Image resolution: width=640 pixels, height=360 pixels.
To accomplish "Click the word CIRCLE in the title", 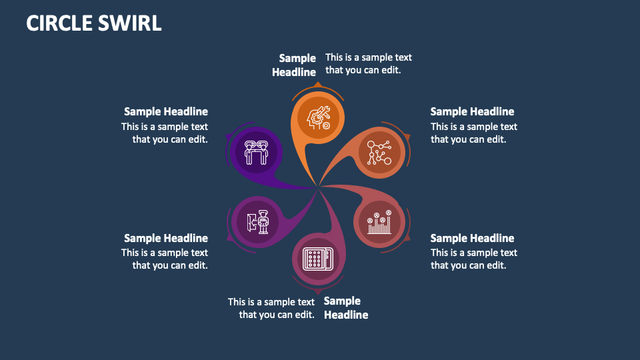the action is coord(59,23).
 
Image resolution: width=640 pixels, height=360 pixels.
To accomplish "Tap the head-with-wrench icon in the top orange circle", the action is coord(319,118).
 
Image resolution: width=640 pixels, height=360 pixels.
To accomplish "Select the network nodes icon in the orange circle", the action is coord(379,153).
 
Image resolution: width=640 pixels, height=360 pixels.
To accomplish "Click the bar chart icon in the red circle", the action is coord(379,222).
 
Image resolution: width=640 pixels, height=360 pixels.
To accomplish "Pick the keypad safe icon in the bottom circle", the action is coord(318,259).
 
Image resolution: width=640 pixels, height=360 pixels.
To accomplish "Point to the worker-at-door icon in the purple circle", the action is coord(258,222).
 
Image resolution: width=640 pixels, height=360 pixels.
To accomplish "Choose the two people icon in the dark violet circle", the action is coord(256,152).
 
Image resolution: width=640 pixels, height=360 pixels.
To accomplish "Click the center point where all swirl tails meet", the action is coord(318,187).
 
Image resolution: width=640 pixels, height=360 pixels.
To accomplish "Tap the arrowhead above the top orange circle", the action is coord(318,85).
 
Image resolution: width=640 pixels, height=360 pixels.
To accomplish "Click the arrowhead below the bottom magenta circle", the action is coord(318,291).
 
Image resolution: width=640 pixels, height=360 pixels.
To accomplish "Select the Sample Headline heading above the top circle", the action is coord(294,65).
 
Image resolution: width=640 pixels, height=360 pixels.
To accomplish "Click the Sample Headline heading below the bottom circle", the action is coord(346,308).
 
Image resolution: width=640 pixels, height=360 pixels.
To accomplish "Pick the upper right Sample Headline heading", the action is coord(472,111).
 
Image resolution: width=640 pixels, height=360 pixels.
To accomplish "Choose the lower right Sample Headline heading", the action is coord(472,238).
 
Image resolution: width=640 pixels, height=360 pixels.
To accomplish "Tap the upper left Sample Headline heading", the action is coord(166,111).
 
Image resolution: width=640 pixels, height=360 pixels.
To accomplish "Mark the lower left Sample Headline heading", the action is coord(166,238).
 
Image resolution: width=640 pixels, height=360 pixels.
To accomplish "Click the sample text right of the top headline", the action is coord(369,64).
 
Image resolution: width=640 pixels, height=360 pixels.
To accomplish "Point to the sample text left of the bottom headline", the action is coord(271,308).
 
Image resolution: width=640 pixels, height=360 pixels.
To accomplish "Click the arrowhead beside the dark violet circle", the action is coord(228,137).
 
